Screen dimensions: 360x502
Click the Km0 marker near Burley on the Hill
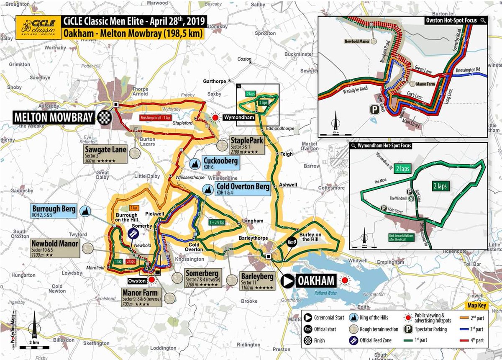pos(292,242)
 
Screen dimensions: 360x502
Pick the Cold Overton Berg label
pos(242,189)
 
